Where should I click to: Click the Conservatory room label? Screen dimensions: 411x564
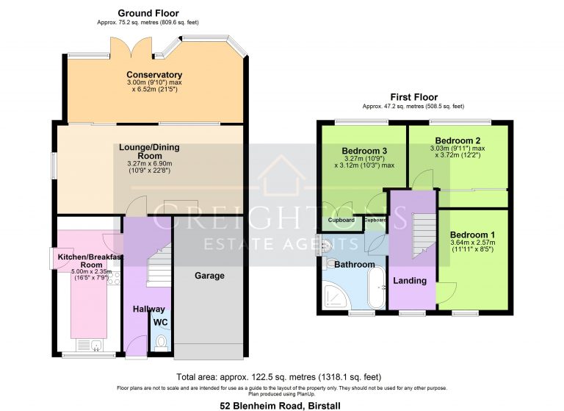(154, 75)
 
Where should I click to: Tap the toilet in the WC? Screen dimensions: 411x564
(161, 342)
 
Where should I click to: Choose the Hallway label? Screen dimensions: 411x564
(148, 309)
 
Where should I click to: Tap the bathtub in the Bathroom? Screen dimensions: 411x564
(376, 287)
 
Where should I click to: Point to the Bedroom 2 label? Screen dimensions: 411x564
(458, 140)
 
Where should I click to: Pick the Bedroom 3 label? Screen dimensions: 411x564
(364, 151)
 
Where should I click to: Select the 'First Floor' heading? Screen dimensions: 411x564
(413, 97)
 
